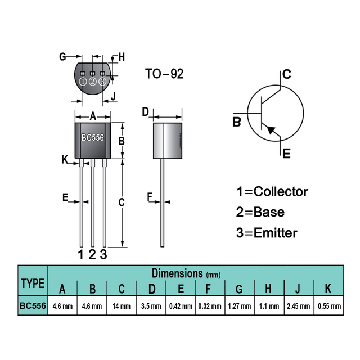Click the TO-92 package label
[164, 74]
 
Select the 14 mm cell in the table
[122, 307]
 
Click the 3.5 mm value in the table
[152, 307]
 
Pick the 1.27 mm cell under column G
[239, 307]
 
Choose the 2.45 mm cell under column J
[298, 307]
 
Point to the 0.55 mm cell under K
[328, 307]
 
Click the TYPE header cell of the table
[33, 282]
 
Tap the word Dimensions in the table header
[177, 273]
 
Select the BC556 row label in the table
[33, 307]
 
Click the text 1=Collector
[272, 191]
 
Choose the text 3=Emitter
[267, 232]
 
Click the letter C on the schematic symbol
[286, 74]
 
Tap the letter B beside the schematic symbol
[237, 121]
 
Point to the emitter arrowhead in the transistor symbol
[272, 130]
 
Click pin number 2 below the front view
[92, 254]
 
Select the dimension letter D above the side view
[145, 112]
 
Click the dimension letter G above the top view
[63, 56]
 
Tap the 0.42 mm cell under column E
[181, 307]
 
